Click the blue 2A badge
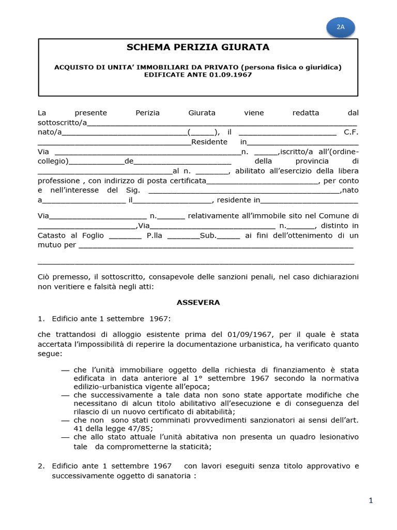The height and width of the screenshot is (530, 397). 341,27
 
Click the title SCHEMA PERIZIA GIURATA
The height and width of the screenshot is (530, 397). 198,48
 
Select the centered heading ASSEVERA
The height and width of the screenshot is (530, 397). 198,302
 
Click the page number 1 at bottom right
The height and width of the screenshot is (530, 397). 371,500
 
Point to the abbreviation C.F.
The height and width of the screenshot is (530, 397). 351,132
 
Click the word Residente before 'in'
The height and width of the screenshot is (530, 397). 209,142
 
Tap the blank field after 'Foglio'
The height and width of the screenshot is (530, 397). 125,236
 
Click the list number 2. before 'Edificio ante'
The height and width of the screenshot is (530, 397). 41,466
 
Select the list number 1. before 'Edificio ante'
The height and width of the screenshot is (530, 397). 41,318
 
